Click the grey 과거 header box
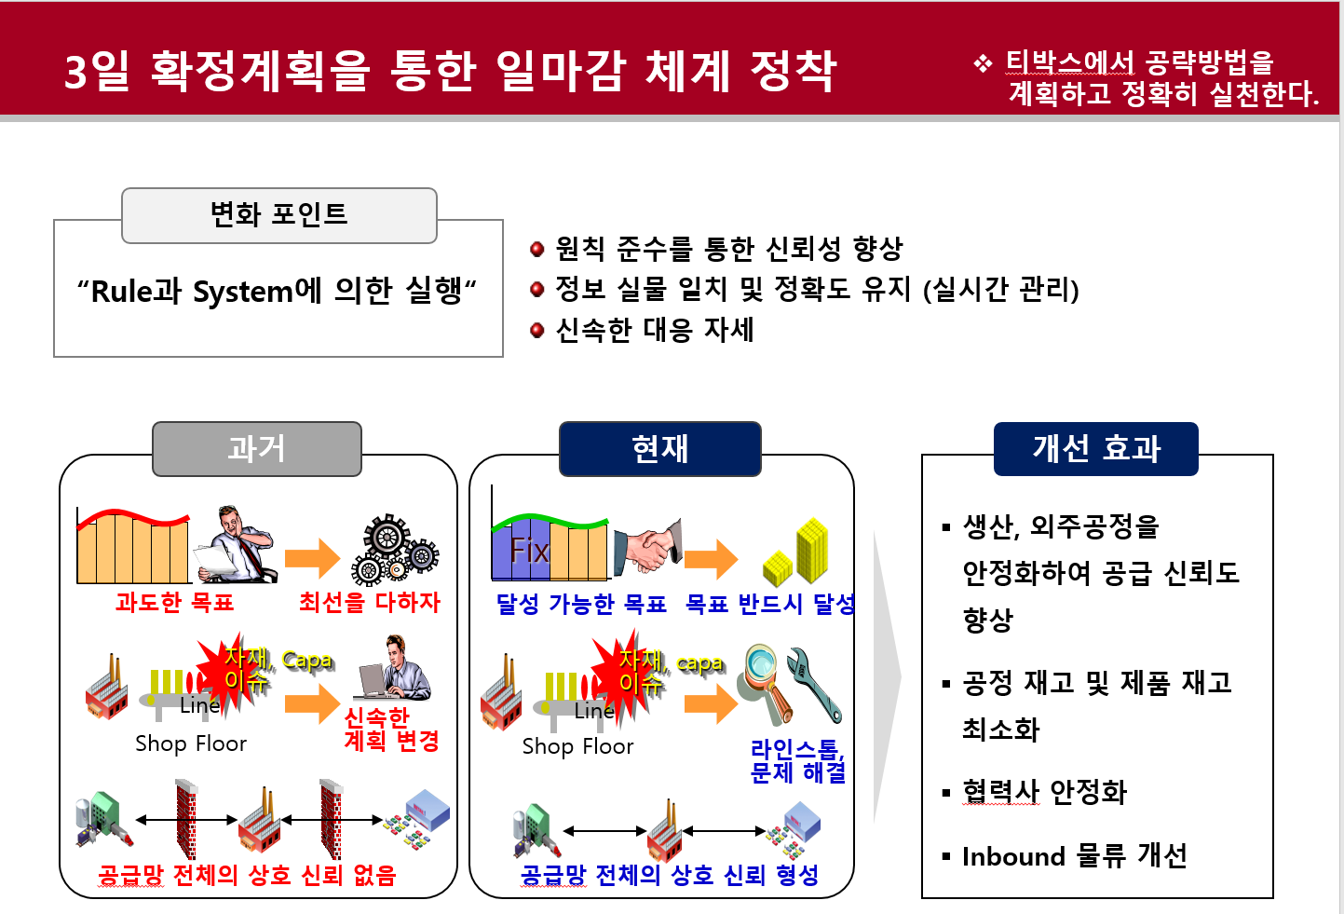click(x=256, y=449)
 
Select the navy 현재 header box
click(x=659, y=449)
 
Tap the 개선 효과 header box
click(x=1095, y=449)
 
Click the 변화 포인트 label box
click(x=278, y=215)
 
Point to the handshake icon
click(x=647, y=547)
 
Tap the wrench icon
click(x=815, y=685)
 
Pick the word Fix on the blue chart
click(x=529, y=551)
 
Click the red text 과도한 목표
click(x=174, y=603)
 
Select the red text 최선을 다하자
click(x=370, y=603)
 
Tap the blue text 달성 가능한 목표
click(x=581, y=605)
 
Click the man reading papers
click(x=238, y=546)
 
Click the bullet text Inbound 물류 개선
click(x=1074, y=856)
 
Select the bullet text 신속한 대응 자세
click(x=654, y=330)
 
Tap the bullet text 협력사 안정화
click(x=1044, y=792)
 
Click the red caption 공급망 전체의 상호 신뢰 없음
click(x=247, y=876)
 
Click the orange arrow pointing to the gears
click(x=313, y=558)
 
